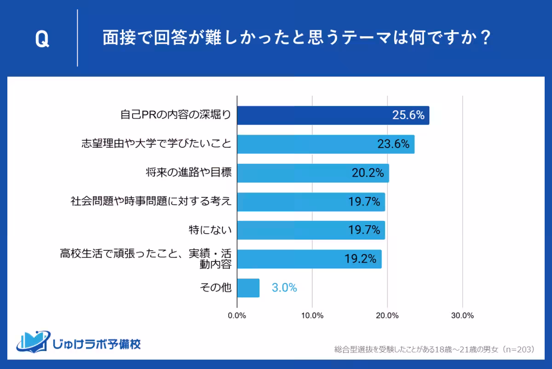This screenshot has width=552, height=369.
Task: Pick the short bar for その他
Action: pyautogui.click(x=248, y=288)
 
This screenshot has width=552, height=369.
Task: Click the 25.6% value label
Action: pyautogui.click(x=408, y=115)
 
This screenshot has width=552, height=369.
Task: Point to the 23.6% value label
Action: pyautogui.click(x=393, y=144)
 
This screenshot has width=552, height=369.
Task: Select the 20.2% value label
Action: pyautogui.click(x=368, y=173)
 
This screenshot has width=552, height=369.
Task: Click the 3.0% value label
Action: pyautogui.click(x=284, y=288)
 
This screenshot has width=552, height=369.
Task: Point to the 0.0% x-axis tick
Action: pyautogui.click(x=237, y=316)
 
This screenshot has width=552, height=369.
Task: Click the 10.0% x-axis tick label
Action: pyautogui.click(x=312, y=316)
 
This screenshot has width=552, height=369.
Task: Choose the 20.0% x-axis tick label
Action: pyautogui.click(x=387, y=316)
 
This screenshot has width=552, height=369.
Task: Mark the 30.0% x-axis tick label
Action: pyautogui.click(x=462, y=316)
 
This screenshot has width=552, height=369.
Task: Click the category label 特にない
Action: pyautogui.click(x=210, y=230)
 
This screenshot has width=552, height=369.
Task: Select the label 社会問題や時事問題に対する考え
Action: pyautogui.click(x=150, y=201)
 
